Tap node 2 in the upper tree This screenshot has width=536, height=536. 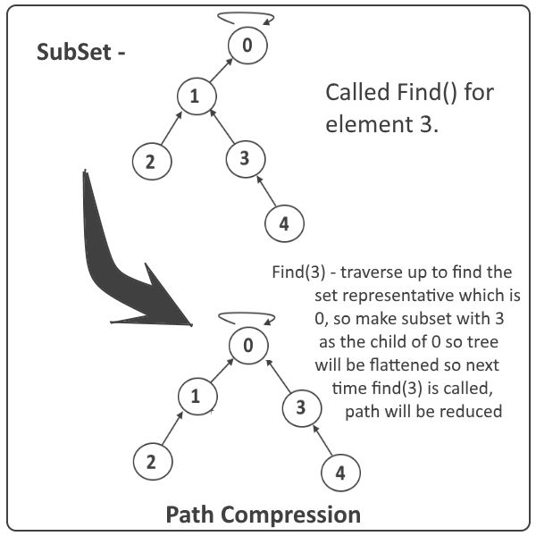coord(149,162)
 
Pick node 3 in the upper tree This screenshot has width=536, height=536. coord(244,159)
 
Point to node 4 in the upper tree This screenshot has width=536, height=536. coord(283,222)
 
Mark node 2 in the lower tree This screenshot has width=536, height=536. coord(151,462)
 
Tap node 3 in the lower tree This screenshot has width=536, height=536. coord(300,408)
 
